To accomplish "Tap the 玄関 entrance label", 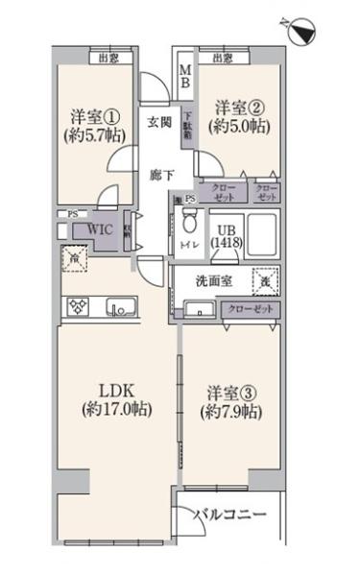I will (159, 122).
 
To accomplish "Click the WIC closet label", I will (101, 230).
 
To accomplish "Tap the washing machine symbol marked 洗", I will (262, 282).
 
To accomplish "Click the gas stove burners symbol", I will (77, 307).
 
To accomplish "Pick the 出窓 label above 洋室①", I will (108, 59).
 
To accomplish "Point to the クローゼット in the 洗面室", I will (249, 309).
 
